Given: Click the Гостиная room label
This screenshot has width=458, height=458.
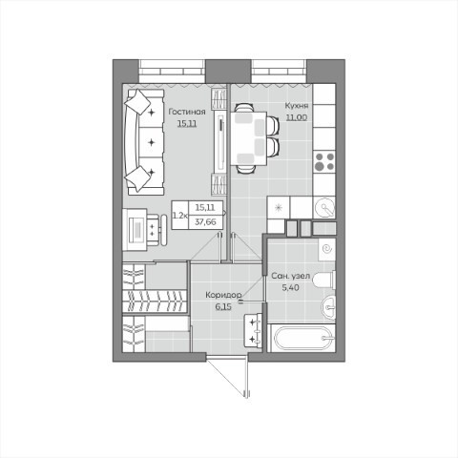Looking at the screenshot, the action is click(187, 112).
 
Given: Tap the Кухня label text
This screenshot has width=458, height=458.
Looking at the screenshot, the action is click(297, 106).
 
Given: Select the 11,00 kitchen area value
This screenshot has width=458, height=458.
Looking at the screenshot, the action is click(297, 117).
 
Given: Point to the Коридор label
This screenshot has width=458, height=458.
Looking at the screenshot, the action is click(223, 295).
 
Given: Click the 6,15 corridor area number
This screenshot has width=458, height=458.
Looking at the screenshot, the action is click(223, 307).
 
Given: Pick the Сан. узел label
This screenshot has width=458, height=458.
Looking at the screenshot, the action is click(290, 276).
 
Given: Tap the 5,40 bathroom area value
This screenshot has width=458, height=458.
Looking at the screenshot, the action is click(290, 288).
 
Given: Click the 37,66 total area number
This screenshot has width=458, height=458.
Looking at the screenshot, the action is click(205, 222).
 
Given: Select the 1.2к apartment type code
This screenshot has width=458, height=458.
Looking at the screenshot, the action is click(179, 216).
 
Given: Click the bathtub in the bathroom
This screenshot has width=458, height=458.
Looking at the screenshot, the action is click(303, 338).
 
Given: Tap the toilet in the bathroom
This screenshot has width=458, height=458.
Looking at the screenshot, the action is click(324, 280).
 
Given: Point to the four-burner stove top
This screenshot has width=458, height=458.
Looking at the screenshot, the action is click(324, 161).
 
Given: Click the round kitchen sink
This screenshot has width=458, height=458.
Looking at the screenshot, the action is click(324, 207).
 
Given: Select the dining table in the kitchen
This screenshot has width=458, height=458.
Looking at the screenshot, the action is click(248, 138).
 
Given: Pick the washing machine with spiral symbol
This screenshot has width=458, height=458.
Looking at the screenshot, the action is click(327, 249).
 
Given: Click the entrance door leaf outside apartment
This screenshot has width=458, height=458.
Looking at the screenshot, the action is click(246, 379).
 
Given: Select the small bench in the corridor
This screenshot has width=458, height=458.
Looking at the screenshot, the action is click(253, 330).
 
